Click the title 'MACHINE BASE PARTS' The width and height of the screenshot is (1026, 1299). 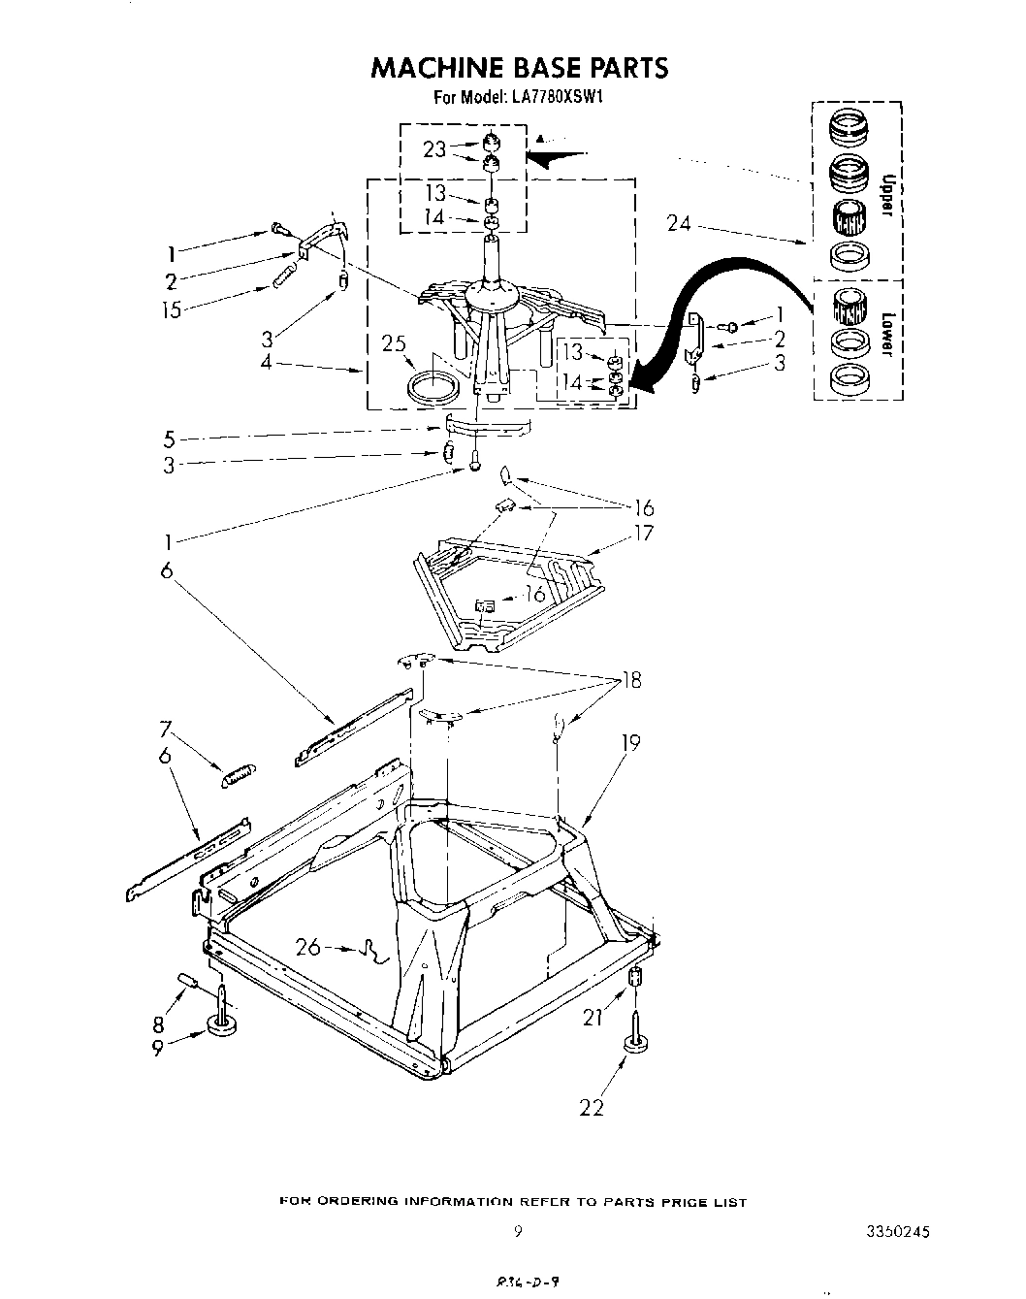click(x=519, y=68)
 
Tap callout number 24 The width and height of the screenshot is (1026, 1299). click(x=679, y=223)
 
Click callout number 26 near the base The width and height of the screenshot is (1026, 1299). click(x=308, y=946)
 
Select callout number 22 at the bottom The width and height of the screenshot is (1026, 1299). click(x=591, y=1106)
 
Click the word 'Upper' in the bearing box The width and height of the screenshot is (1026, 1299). click(x=884, y=196)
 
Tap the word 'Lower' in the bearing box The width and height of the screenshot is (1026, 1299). click(x=884, y=331)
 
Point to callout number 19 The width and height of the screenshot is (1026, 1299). click(x=630, y=744)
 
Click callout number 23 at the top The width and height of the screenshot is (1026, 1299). click(x=434, y=149)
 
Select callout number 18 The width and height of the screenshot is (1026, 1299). click(x=631, y=680)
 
